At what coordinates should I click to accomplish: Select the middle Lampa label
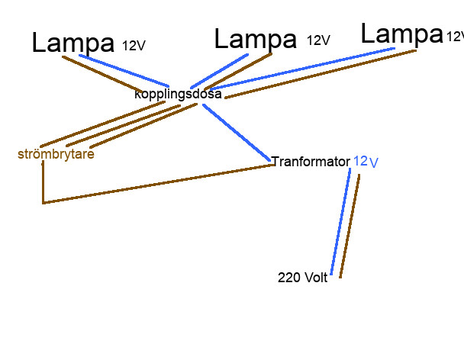coord(255,39)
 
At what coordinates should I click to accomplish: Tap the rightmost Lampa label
coord(401,34)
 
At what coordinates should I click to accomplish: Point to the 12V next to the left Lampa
coord(134,46)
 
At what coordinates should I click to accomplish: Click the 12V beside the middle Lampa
coord(318,40)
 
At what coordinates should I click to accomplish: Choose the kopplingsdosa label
coord(178,95)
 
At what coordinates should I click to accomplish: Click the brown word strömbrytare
coord(56,154)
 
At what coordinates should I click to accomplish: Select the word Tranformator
coord(311,162)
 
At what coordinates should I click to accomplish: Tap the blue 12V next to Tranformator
coord(366,162)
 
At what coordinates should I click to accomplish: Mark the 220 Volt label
coord(302,278)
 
